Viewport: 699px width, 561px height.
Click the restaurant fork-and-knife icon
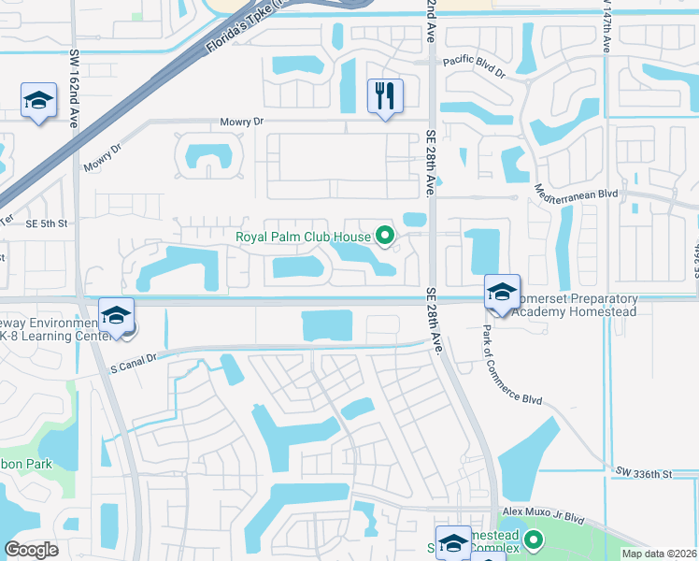(385, 96)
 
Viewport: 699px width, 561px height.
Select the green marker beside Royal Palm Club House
(383, 236)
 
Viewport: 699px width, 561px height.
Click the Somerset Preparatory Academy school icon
(502, 293)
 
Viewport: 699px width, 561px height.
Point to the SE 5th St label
(48, 223)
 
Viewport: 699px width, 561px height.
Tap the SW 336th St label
(645, 475)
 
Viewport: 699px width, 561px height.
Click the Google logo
(31, 550)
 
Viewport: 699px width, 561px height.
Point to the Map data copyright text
(659, 554)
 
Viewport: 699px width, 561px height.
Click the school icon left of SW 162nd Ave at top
(38, 102)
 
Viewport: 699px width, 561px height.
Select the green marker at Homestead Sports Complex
(534, 539)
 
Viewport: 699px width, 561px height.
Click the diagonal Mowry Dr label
(104, 159)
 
